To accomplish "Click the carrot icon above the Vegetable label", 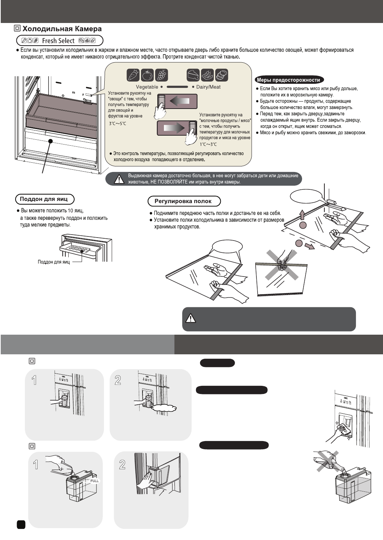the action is (133, 75).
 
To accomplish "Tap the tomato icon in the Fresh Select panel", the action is (147, 75).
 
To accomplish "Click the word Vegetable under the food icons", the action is (147, 87).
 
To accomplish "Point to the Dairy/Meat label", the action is (208, 87).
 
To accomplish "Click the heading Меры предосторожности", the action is (288, 80).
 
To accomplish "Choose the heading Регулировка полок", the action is (183, 201).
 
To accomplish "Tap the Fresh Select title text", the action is (58, 41).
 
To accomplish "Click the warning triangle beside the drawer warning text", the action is (118, 180).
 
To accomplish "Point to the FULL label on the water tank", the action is (95, 480).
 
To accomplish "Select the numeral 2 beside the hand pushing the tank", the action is (122, 465).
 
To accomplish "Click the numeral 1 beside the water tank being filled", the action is (36, 465).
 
